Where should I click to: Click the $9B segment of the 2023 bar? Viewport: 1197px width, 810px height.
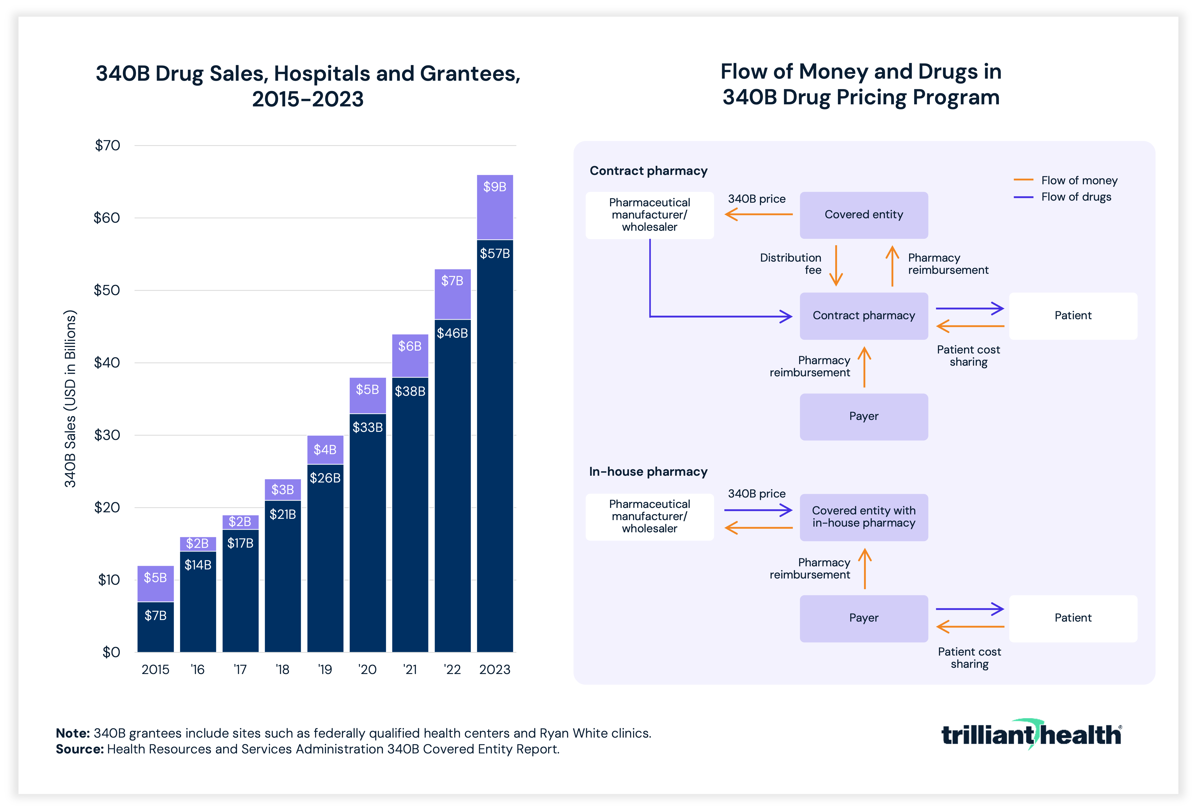494,207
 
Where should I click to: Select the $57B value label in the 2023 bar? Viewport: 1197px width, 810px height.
494,254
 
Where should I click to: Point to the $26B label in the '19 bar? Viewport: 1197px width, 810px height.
325,478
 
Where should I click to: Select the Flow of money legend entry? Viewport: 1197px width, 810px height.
1065,180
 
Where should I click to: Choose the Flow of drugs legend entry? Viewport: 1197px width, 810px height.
1062,197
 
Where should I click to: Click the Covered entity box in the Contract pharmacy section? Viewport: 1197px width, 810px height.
864,215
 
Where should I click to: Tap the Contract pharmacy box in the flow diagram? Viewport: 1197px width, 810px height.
864,316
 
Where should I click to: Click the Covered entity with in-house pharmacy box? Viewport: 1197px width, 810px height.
864,517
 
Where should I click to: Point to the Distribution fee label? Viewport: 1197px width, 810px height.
791,264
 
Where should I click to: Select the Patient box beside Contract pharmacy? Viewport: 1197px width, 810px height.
1073,316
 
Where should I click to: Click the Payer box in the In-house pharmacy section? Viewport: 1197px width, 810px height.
864,618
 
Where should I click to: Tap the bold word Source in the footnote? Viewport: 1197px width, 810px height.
80,749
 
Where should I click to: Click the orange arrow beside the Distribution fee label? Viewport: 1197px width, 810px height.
836,265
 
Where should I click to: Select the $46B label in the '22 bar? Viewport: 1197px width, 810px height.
452,333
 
